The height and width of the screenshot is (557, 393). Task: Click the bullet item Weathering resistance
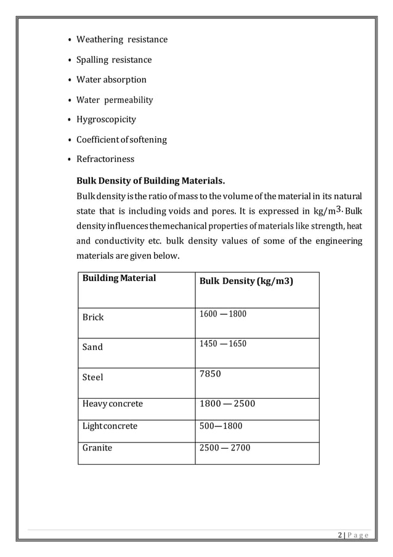[121, 40]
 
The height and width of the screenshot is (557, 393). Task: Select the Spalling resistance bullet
[113, 60]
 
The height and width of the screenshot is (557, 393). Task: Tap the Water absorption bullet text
[111, 80]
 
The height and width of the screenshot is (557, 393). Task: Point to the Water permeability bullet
[114, 100]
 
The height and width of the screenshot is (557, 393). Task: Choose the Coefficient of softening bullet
[121, 140]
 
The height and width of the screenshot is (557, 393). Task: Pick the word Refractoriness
[105, 160]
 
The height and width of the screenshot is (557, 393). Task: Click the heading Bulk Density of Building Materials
[150, 181]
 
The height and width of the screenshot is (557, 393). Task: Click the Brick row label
[93, 317]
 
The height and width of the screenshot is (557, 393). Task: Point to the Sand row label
[93, 347]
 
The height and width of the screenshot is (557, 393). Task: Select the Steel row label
[93, 376]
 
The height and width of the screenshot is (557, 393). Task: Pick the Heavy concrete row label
[113, 404]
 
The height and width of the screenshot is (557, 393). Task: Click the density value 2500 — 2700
[225, 448]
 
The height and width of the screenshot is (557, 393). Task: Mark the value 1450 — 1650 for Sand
[222, 344]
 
